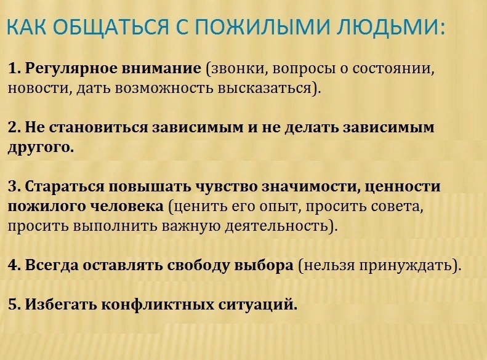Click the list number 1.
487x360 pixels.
[x=14, y=68]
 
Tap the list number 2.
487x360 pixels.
[x=14, y=128]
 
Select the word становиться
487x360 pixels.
[x=99, y=128]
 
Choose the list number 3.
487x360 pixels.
[x=14, y=187]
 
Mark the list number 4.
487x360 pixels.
[x=14, y=266]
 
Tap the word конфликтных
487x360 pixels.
[x=158, y=305]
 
